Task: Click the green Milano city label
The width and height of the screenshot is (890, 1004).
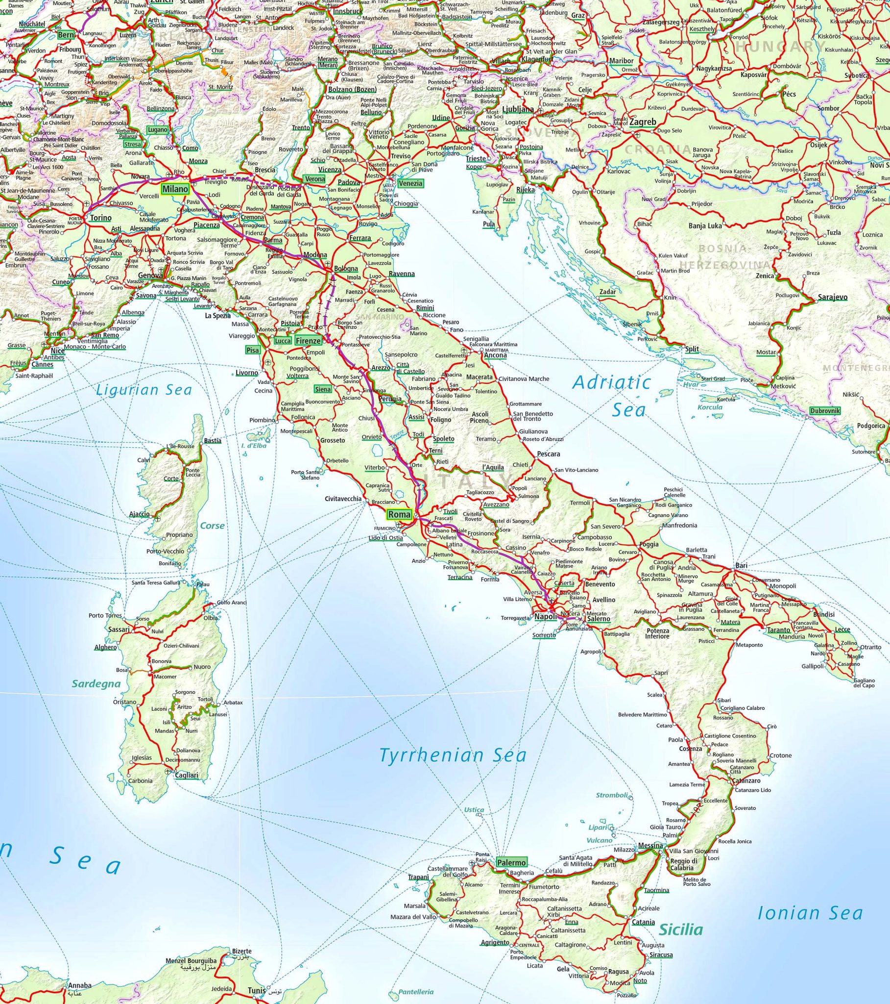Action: click(x=175, y=189)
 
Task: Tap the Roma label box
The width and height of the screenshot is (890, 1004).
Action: click(x=399, y=515)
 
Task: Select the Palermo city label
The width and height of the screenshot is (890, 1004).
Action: click(x=511, y=862)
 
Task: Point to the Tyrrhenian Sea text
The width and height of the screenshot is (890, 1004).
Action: click(x=453, y=755)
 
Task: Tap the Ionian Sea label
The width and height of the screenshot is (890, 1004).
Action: click(x=810, y=913)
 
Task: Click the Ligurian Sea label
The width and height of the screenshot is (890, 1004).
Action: click(x=144, y=390)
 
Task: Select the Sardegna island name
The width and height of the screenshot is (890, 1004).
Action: click(x=96, y=683)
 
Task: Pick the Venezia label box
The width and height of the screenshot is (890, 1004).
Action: click(x=410, y=183)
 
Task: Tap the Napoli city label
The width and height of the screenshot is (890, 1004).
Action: click(x=545, y=617)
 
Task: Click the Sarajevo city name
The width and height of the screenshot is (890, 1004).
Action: click(x=832, y=297)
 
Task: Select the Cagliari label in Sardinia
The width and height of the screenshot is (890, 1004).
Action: click(x=187, y=775)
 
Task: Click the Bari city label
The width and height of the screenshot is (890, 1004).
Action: click(x=741, y=566)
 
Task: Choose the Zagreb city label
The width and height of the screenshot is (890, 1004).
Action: click(x=643, y=122)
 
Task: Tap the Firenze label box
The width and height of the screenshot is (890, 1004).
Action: click(x=308, y=340)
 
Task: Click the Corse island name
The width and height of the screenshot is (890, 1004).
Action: click(x=212, y=526)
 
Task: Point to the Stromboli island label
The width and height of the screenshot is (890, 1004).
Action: click(x=612, y=795)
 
